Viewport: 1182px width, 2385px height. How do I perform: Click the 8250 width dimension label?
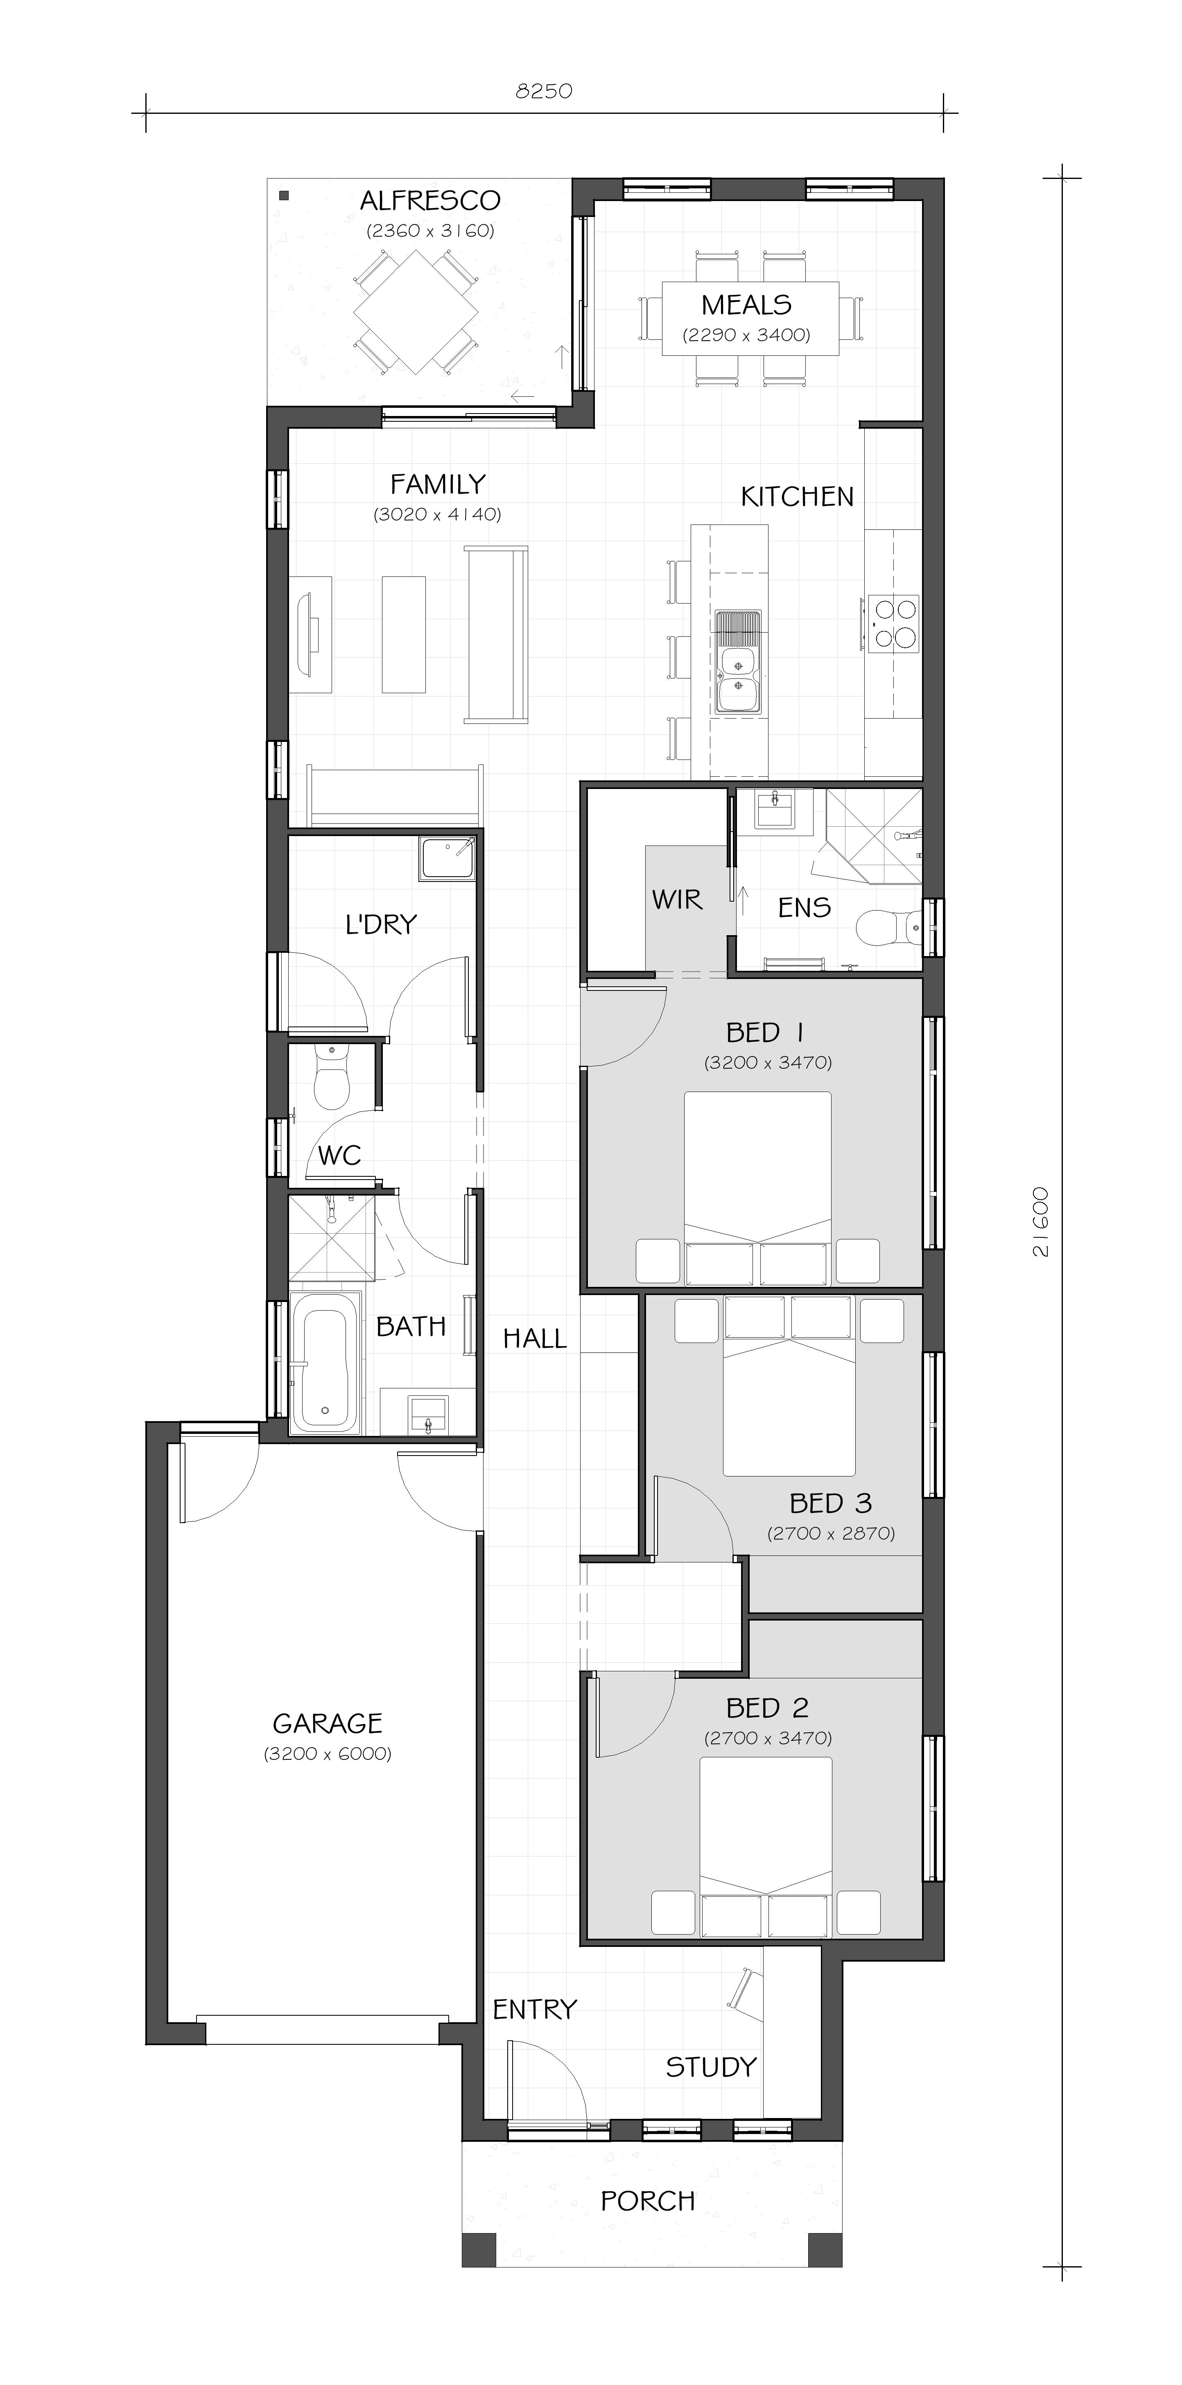pyautogui.click(x=544, y=91)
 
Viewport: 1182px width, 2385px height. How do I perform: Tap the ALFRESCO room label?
pyautogui.click(x=430, y=200)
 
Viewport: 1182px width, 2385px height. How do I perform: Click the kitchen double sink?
pyautogui.click(x=738, y=661)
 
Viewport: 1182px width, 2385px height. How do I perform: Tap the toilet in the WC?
pyautogui.click(x=330, y=1077)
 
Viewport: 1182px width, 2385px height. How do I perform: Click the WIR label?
pyautogui.click(x=677, y=899)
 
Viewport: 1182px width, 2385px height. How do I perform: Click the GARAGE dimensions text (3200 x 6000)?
pyautogui.click(x=328, y=1754)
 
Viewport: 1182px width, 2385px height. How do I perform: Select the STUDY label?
pyautogui.click(x=711, y=2067)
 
